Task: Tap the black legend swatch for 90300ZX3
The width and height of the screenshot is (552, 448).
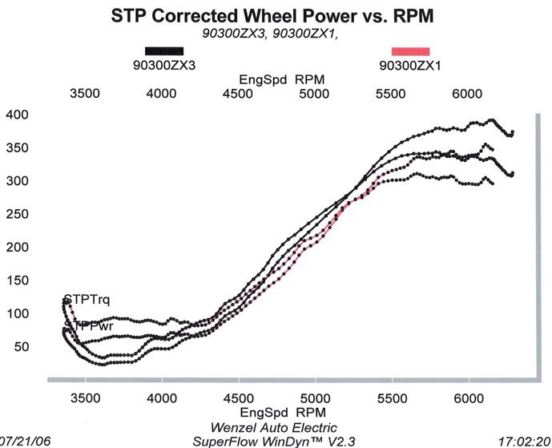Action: point(163,51)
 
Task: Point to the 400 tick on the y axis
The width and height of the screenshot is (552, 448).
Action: point(18,115)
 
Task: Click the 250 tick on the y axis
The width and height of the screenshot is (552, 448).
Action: point(18,214)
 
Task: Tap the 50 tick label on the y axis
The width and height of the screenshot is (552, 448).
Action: point(21,346)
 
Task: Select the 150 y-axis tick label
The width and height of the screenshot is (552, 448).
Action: point(18,281)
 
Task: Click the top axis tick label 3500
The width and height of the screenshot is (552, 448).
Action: point(85,93)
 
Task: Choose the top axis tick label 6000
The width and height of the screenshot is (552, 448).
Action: point(467,93)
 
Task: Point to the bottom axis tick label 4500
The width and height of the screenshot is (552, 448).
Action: point(238,397)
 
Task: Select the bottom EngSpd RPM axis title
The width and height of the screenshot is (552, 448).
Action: point(277,412)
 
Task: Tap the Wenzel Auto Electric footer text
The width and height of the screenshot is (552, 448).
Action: point(274,427)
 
